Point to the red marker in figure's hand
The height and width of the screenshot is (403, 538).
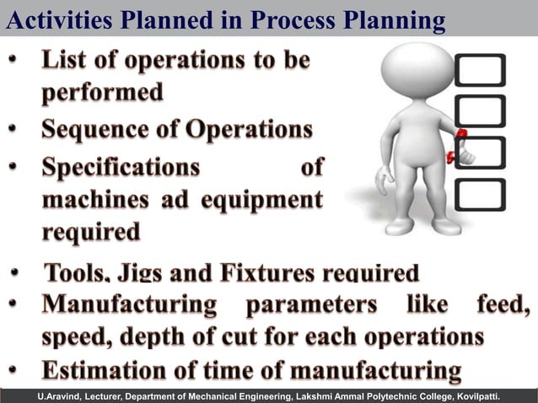click(461, 135)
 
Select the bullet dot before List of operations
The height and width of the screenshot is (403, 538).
click(14, 62)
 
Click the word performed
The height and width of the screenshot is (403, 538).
click(102, 93)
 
